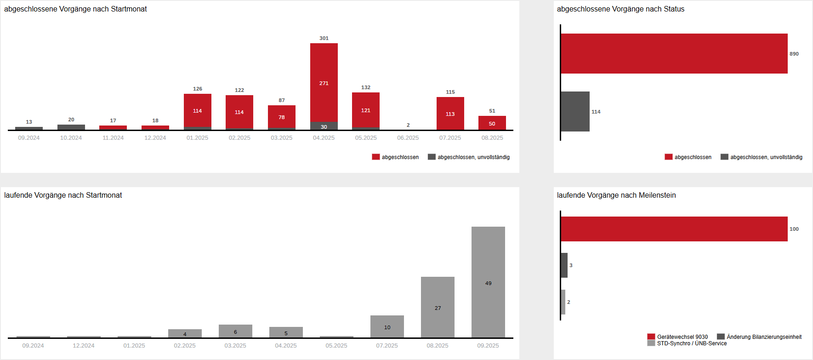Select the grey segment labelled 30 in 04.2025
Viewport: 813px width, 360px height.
(324, 126)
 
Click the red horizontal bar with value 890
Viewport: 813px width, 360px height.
(674, 53)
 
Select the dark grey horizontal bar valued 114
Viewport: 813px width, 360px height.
(575, 111)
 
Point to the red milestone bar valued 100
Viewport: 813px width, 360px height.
(674, 229)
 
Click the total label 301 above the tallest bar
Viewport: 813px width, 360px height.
(324, 38)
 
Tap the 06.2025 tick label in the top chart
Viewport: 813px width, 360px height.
(408, 138)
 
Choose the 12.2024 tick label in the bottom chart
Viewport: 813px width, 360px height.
(84, 346)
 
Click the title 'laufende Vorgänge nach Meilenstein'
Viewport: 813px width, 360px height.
(616, 195)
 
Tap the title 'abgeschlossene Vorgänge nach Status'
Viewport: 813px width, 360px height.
(620, 9)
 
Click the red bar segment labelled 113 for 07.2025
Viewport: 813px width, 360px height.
(450, 114)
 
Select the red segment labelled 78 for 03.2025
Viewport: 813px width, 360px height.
(281, 117)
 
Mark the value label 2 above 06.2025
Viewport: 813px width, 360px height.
(408, 125)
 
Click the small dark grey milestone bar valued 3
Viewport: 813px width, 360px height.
(564, 265)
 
